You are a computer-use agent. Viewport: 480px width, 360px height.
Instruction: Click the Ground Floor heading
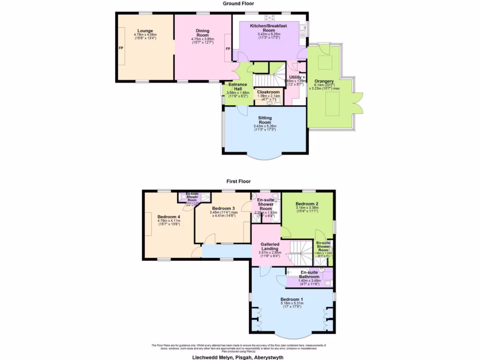pos(240,3)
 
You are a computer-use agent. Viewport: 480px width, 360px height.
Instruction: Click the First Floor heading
pos(240,181)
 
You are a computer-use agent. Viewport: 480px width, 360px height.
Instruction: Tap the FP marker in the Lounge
pos(120,48)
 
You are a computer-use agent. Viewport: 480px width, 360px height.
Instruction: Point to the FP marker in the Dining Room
pos(228,49)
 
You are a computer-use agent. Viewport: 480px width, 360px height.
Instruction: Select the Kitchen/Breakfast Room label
pos(269,28)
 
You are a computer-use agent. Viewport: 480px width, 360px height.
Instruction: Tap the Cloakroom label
pos(269,92)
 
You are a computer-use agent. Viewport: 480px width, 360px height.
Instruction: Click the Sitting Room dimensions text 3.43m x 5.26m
pos(264,126)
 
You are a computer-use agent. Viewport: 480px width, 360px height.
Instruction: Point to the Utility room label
pos(295,77)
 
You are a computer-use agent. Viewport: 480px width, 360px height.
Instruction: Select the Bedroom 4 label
pos(169,217)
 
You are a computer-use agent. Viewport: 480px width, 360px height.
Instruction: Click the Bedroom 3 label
pos(223,208)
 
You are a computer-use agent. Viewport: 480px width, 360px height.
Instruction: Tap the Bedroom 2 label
pos(307,204)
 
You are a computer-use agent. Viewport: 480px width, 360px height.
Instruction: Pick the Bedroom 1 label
pos(292,299)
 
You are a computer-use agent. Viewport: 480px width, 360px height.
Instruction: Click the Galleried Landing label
pos(270,247)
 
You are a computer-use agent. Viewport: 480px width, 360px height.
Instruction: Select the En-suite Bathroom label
pos(310,274)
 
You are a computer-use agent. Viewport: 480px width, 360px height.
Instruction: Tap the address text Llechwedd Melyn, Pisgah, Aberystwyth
pos(238,357)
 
